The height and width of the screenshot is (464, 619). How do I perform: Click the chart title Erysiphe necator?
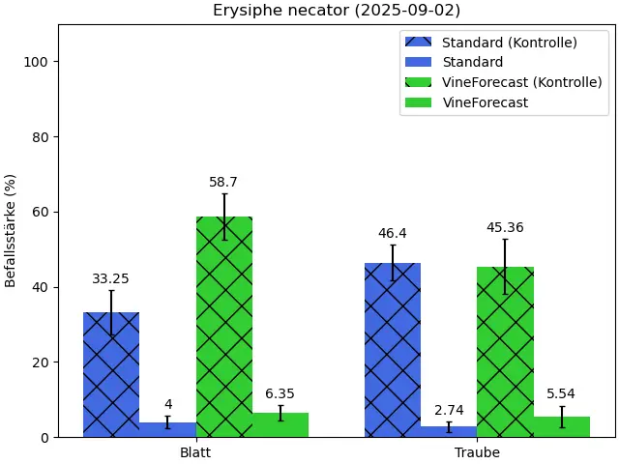click(x=337, y=11)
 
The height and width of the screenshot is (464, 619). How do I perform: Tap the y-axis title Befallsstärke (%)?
click(x=11, y=230)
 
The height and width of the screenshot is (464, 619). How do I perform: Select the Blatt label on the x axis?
click(x=195, y=452)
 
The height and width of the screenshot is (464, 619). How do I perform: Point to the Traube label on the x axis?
click(x=477, y=452)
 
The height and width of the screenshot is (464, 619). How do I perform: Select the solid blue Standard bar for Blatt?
click(x=167, y=429)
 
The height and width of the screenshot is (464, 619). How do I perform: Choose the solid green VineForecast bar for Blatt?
click(x=280, y=425)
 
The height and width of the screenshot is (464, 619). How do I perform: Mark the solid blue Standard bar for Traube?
click(x=449, y=432)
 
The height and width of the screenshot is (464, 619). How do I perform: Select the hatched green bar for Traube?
click(x=505, y=352)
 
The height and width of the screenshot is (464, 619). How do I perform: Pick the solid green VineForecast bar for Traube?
click(x=561, y=426)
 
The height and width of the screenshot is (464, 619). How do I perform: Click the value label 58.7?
click(x=223, y=183)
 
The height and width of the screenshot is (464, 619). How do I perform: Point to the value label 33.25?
click(x=111, y=279)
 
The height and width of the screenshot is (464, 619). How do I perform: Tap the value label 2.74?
click(x=449, y=411)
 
